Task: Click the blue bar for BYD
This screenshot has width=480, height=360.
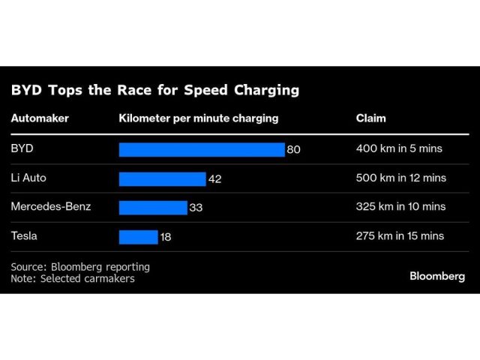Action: (x=202, y=149)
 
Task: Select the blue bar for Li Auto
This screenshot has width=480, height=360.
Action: (x=162, y=178)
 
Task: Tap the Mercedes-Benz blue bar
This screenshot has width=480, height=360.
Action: (x=153, y=207)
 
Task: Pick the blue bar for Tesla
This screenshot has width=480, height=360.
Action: (x=138, y=236)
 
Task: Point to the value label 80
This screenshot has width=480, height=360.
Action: (x=293, y=149)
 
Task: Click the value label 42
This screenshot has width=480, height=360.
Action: (x=214, y=178)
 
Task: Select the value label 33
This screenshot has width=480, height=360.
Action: (x=196, y=207)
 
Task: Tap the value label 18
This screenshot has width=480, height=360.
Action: (x=166, y=236)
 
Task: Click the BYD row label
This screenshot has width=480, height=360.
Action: (x=22, y=148)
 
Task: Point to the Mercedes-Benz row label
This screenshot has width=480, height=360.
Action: (x=50, y=206)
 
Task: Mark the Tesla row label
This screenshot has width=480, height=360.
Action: (x=25, y=235)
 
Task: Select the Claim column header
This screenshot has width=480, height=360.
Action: (x=371, y=118)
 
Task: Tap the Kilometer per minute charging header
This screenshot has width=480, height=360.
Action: (x=199, y=118)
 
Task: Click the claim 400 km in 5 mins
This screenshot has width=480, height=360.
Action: (x=399, y=148)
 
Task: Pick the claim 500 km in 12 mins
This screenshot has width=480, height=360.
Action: (x=401, y=178)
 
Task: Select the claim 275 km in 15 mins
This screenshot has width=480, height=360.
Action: (x=400, y=235)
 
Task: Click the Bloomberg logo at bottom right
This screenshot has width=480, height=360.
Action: (x=437, y=276)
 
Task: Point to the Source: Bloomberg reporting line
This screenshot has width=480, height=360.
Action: (x=80, y=266)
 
